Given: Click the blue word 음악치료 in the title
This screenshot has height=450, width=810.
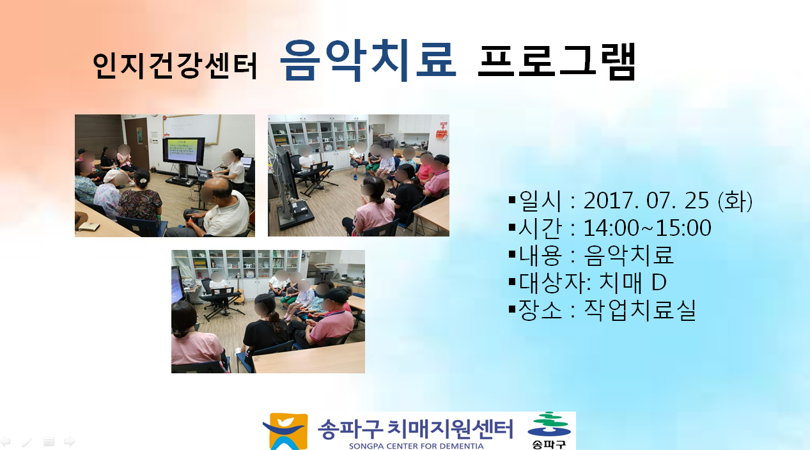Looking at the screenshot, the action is (368, 59).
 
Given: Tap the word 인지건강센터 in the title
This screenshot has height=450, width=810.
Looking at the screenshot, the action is (175, 65).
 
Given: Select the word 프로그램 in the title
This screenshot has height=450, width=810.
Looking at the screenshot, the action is (556, 61).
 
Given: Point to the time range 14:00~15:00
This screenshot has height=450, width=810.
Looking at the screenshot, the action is (647, 228).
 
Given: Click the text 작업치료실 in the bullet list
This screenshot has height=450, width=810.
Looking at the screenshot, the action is (640, 310).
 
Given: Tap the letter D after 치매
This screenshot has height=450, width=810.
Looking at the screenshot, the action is (659, 283).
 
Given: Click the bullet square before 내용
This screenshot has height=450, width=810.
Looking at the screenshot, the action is (511, 254).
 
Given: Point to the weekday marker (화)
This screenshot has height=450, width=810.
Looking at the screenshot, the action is (735, 201).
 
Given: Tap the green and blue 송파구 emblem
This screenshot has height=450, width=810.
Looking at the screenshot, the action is (549, 430).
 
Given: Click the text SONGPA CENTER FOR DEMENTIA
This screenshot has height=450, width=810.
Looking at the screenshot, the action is (416, 446).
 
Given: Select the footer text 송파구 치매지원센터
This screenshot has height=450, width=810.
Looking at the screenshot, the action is (416, 429).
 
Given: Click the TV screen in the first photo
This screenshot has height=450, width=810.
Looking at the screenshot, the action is (183, 150).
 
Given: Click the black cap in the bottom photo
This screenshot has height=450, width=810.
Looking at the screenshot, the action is (336, 294).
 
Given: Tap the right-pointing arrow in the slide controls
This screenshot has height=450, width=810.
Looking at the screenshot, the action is (70, 441).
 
